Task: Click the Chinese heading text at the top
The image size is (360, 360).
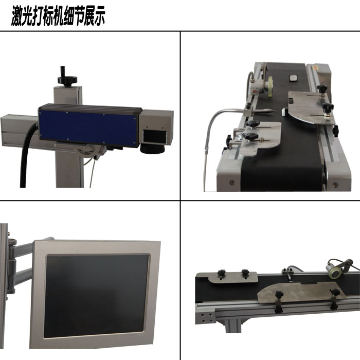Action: pyautogui.click(x=58, y=17)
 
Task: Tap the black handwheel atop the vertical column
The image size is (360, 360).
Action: pyautogui.click(x=67, y=79)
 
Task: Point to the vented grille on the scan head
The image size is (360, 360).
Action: pyautogui.click(x=154, y=136)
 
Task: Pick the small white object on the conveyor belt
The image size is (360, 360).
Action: pyautogui.click(x=294, y=78)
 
